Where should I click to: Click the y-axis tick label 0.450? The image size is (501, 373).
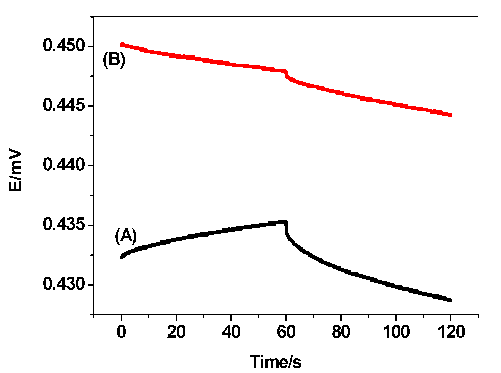[x=64, y=46]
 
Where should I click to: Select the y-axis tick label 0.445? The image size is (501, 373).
[x=64, y=106]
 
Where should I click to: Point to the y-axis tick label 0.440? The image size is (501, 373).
[x=64, y=165]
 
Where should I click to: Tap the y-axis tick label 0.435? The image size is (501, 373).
[x=64, y=225]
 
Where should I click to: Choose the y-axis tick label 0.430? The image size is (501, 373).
[x=64, y=284]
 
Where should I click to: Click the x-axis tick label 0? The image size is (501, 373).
[x=121, y=332]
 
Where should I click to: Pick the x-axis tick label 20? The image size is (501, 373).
[x=176, y=332]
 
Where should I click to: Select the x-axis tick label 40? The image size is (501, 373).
[x=231, y=332]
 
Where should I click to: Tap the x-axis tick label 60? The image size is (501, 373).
[x=286, y=332]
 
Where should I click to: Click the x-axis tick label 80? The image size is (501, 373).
[x=341, y=332]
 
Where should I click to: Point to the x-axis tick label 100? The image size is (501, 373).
[x=396, y=332]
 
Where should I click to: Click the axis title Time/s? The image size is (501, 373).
[x=276, y=362]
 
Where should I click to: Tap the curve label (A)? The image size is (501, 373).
[x=126, y=236]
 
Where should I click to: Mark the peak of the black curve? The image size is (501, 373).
[x=285, y=222]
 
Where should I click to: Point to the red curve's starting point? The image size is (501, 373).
[x=122, y=45]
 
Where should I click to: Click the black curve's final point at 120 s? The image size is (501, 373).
[x=450, y=300]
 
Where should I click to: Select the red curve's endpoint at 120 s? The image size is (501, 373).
[x=450, y=115]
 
